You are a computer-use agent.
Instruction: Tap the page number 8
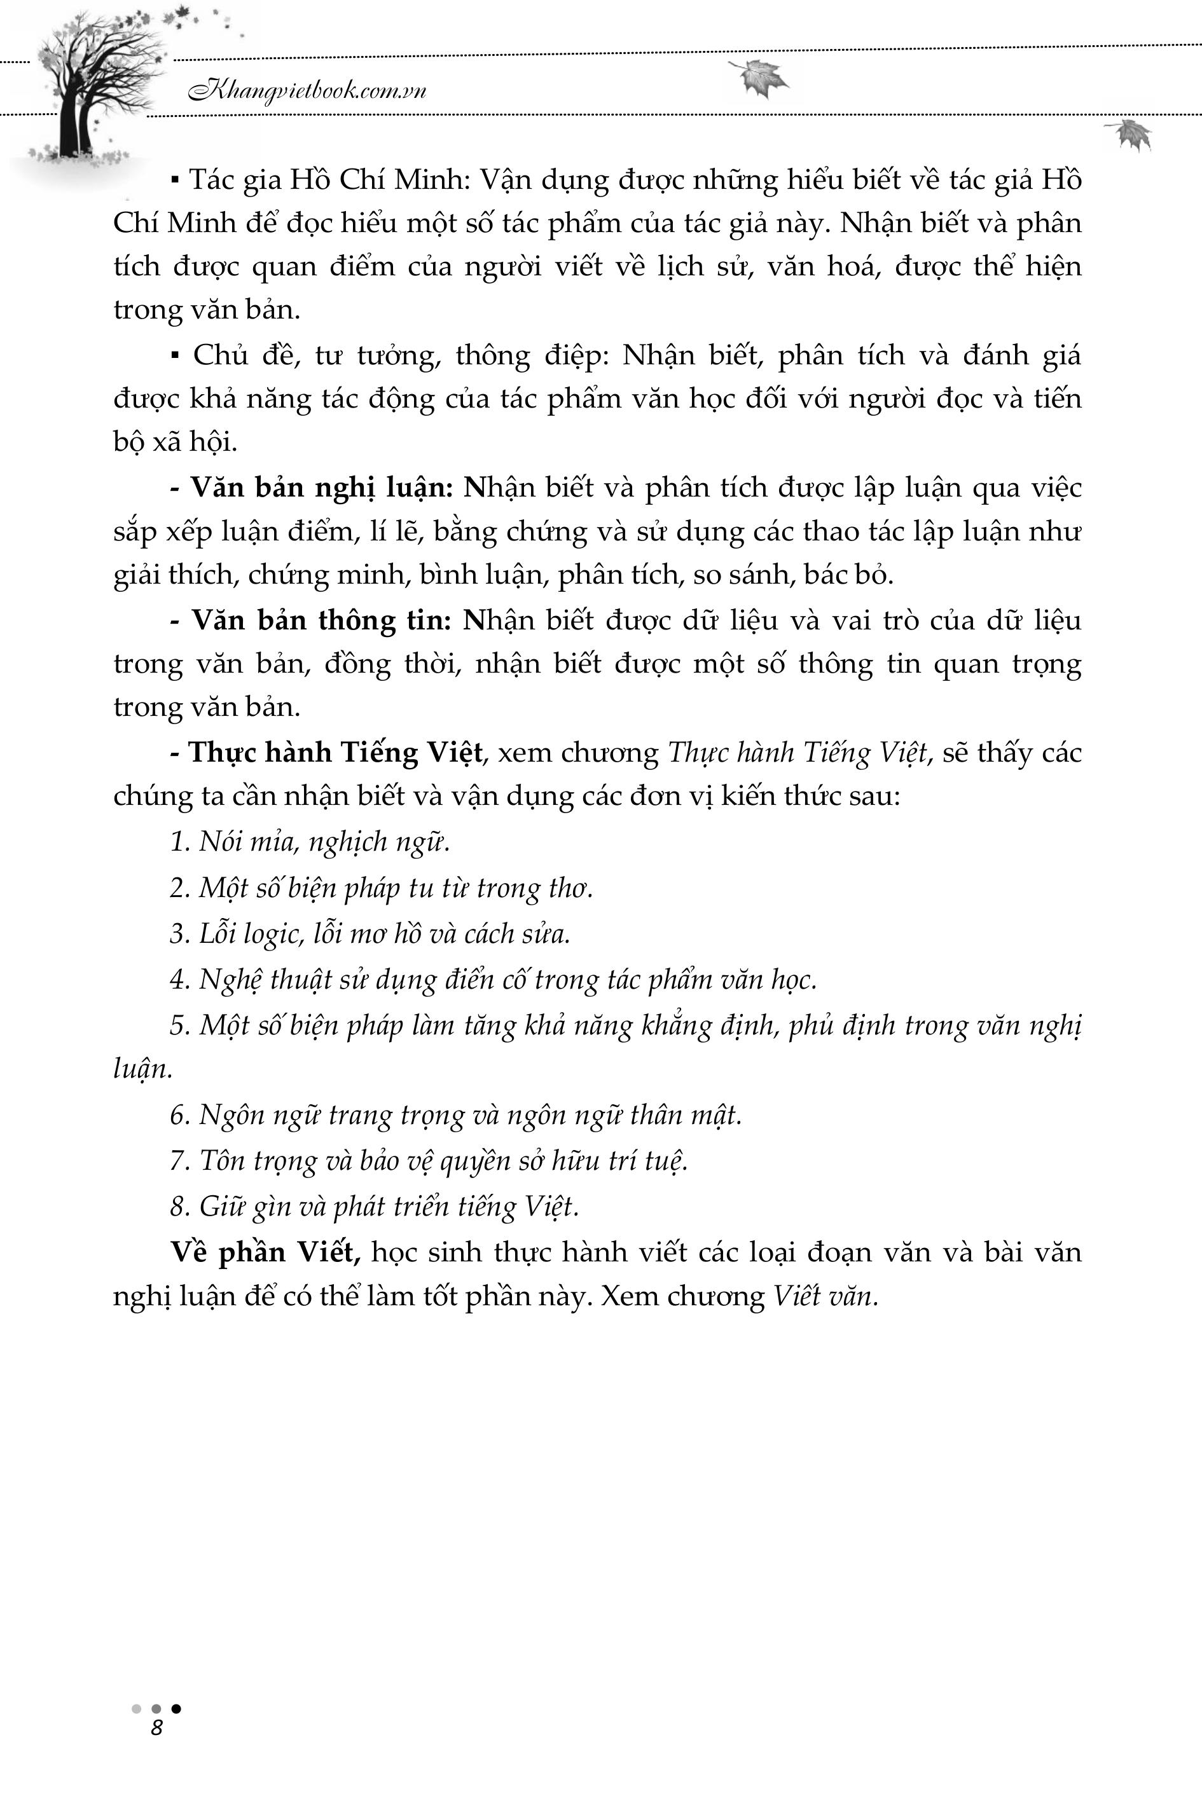point(156,1728)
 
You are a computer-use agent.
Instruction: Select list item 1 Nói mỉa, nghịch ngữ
point(309,842)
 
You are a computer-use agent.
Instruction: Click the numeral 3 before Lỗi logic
point(178,934)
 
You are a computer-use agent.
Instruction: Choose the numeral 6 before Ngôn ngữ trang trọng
point(178,1115)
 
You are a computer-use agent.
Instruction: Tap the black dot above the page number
point(176,1708)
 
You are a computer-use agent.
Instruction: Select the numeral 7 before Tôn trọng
point(178,1161)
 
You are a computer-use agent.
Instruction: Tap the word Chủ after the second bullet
point(216,355)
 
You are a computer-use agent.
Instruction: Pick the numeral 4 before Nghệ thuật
point(178,980)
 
